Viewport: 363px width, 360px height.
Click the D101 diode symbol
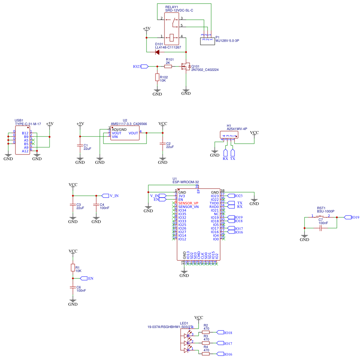(157, 52)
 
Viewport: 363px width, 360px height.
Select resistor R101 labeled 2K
(168, 66)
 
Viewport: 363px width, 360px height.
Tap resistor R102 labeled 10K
(157, 77)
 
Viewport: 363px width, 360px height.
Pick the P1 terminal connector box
(207, 41)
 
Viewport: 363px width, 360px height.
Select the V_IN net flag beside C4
(105, 196)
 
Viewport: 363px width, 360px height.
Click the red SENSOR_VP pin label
(188, 203)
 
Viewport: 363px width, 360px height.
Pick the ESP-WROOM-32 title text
(185, 182)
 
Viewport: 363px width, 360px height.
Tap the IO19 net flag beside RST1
(347, 217)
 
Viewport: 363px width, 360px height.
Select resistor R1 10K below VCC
(73, 268)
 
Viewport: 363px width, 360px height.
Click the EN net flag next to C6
(84, 278)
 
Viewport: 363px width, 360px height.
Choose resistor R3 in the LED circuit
(206, 343)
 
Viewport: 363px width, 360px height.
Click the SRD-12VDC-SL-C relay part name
(179, 11)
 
